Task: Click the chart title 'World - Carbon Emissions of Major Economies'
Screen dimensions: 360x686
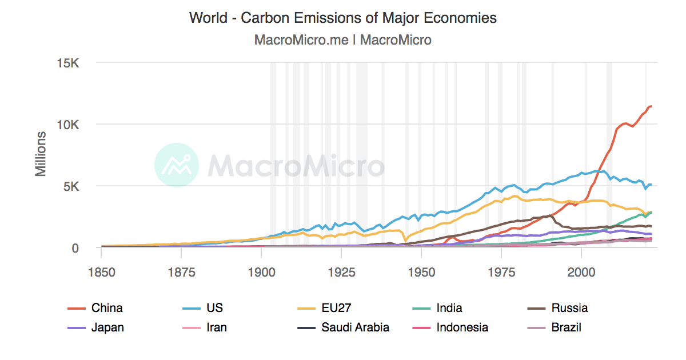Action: point(343,18)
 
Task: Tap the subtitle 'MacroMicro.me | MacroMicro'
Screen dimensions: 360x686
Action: point(343,40)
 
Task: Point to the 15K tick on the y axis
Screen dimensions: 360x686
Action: point(68,62)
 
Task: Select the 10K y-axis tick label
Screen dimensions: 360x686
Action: point(68,124)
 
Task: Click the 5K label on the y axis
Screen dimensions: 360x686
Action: point(71,186)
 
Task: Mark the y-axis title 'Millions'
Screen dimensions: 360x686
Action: point(41,154)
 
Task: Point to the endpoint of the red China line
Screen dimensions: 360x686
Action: point(651,106)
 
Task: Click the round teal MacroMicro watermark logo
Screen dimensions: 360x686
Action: point(177,165)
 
